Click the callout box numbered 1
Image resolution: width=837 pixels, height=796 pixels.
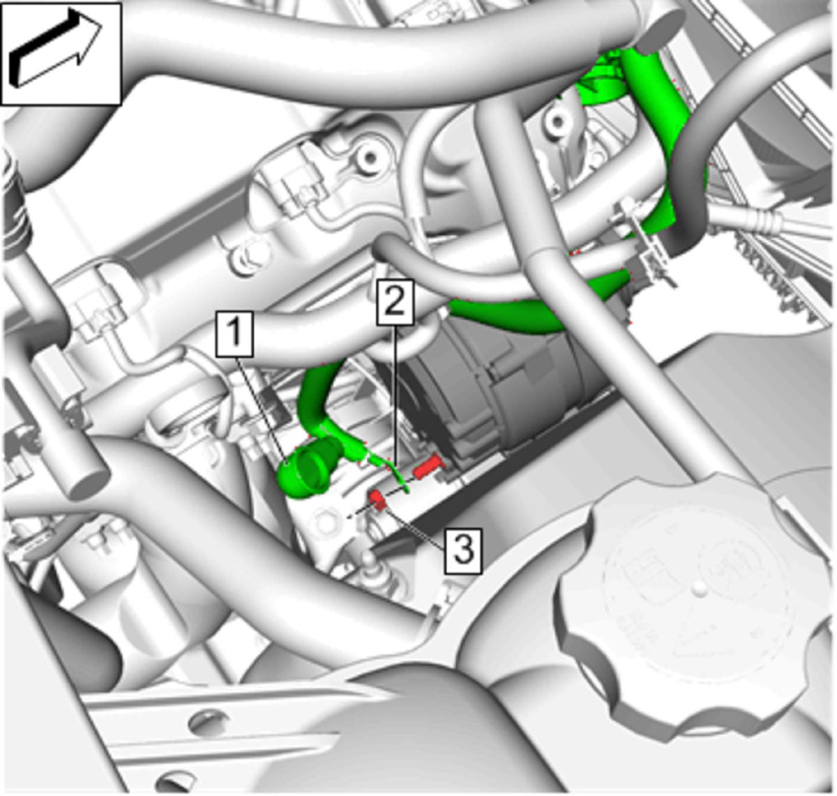pos(235,334)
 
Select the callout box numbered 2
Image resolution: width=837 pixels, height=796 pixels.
pos(395,302)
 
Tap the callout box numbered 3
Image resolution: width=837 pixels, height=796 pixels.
pos(464,551)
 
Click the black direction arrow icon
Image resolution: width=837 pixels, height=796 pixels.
pos(55,48)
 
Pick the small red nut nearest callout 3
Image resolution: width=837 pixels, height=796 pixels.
pos(376,499)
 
